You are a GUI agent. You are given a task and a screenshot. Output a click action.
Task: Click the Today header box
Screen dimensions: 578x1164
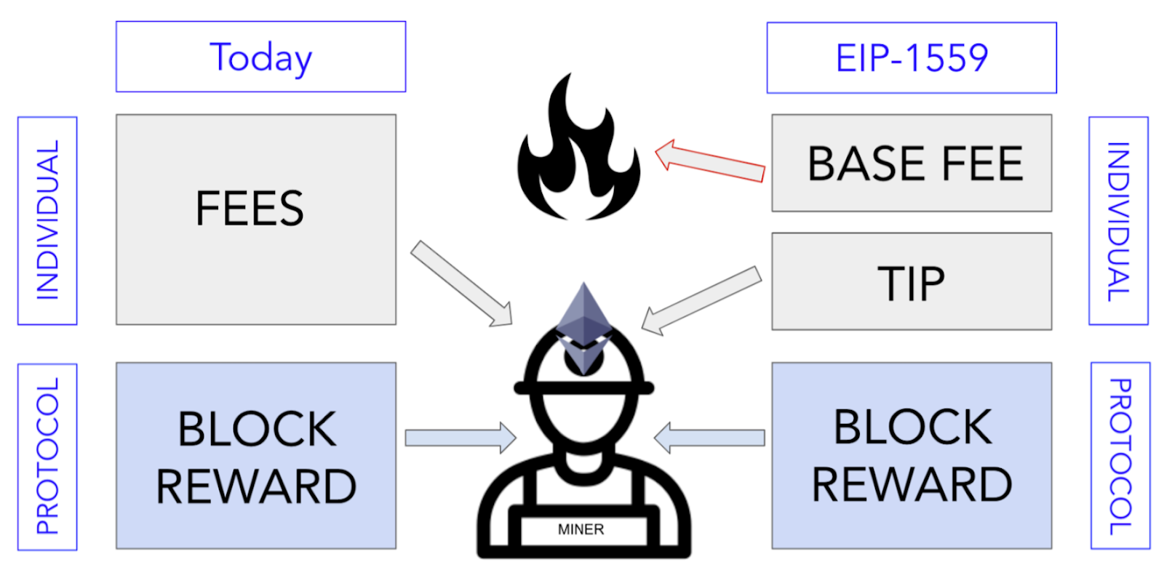260,57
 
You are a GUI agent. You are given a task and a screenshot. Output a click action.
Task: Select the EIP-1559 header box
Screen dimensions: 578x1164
912,58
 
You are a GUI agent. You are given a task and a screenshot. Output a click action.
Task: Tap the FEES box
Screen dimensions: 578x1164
256,219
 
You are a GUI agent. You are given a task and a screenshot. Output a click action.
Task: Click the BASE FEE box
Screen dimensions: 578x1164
912,163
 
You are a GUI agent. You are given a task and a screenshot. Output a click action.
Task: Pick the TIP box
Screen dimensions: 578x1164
912,281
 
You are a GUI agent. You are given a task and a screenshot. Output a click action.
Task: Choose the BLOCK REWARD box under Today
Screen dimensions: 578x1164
256,456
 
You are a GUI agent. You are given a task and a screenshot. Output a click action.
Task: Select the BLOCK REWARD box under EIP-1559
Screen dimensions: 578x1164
912,456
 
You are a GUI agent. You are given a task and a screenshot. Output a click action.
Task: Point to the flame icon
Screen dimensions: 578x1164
578,153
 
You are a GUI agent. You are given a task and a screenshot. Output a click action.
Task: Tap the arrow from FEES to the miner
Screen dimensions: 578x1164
461,284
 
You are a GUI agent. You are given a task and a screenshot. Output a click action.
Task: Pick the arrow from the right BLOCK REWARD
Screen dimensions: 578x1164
709,438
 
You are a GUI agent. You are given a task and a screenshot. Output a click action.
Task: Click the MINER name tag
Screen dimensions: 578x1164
581,529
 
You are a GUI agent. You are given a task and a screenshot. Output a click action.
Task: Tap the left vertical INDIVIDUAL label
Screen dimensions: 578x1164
47,220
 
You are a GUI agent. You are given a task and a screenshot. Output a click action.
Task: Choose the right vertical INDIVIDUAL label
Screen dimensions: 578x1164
1118,220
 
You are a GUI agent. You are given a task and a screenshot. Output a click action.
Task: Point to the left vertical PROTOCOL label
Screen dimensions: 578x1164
47,457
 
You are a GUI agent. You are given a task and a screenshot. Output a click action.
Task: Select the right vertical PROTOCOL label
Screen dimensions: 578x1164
1120,456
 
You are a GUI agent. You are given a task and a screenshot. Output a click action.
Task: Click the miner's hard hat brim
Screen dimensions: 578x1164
583,388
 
